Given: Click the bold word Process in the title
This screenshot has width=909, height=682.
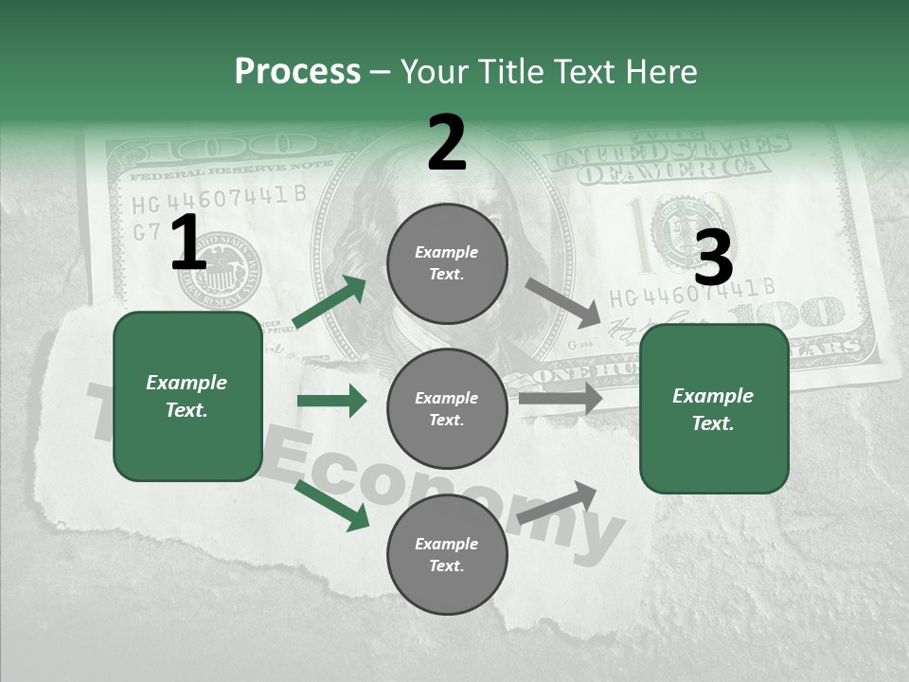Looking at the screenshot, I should (x=297, y=72).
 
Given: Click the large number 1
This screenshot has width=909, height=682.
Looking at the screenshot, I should (x=188, y=243).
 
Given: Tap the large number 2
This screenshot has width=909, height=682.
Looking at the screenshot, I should (x=447, y=143).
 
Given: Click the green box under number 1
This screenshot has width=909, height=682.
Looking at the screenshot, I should (x=187, y=396).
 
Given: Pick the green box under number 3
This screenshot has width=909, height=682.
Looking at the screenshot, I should (x=714, y=409).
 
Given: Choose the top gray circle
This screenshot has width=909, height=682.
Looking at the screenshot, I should (x=447, y=263).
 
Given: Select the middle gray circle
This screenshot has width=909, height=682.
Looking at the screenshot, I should (x=447, y=408).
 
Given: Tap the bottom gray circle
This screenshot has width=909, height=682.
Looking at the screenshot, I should (x=447, y=554).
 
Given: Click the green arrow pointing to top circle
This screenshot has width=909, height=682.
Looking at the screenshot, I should (x=330, y=302).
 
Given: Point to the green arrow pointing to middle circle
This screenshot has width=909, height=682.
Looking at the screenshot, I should (x=331, y=401).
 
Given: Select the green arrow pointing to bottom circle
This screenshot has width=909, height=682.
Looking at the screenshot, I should (x=331, y=505).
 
